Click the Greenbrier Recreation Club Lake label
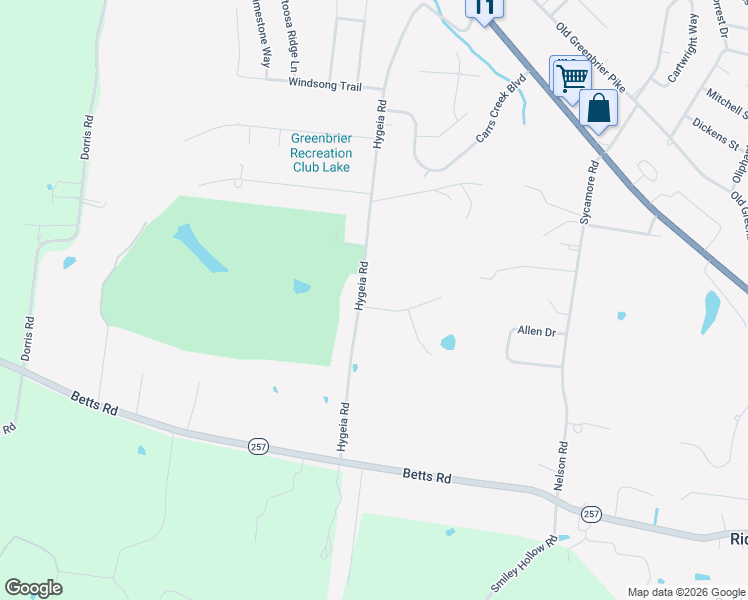[321, 153]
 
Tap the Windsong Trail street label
[324, 86]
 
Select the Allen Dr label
[536, 331]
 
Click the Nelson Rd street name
[562, 465]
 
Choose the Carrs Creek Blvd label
[500, 110]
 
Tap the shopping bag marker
[598, 108]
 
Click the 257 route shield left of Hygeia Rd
[258, 446]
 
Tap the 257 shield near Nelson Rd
[591, 514]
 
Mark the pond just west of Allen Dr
[448, 343]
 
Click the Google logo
[33, 588]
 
